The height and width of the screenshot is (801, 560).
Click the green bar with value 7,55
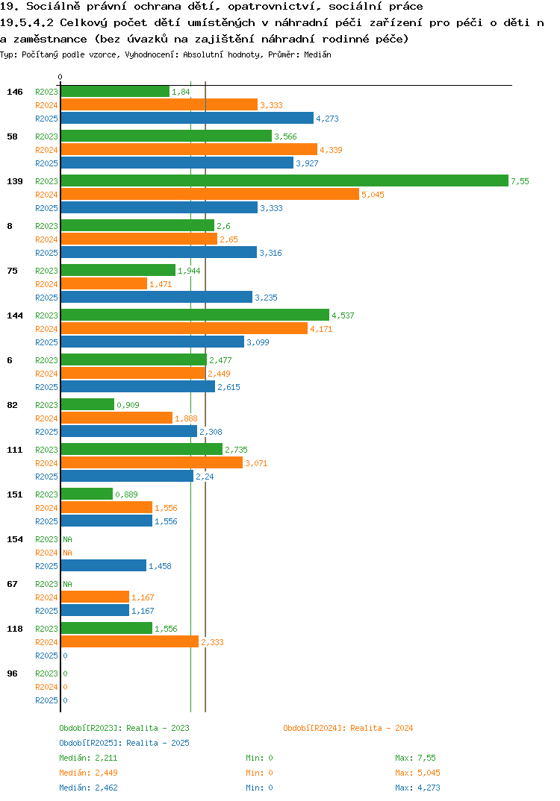point(284,180)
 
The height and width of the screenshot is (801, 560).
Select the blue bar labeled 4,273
point(187,118)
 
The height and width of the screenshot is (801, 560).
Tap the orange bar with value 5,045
point(211,194)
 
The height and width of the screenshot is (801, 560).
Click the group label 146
point(15,92)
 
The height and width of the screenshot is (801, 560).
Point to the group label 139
point(15,181)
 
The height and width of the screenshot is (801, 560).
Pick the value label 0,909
point(128,405)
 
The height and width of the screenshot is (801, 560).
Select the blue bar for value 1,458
point(103,565)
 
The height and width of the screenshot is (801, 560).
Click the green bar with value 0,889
point(87,494)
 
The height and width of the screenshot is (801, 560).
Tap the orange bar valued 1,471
point(104,283)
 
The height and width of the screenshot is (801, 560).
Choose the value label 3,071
point(256,463)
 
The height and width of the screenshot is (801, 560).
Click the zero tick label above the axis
point(60,77)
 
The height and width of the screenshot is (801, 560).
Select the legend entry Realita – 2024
point(348,728)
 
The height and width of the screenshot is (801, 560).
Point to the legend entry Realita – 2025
point(124,743)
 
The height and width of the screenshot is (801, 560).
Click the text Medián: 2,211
point(88,758)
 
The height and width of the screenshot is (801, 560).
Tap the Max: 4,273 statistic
point(417,788)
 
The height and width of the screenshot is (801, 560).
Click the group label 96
point(12,673)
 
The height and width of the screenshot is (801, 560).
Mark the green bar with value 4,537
point(195,315)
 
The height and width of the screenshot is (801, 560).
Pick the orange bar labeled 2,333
point(129,641)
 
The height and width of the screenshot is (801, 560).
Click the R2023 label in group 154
point(46,539)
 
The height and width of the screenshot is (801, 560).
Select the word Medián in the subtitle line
point(317,54)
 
